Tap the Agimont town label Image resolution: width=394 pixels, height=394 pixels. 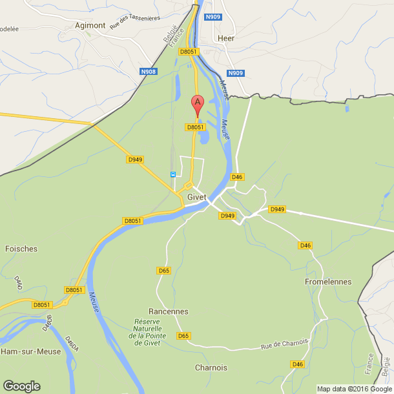(x=90, y=25)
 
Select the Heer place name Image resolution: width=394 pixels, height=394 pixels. (x=226, y=38)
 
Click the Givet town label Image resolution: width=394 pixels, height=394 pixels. (x=196, y=197)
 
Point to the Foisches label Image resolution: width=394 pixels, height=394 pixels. (x=21, y=249)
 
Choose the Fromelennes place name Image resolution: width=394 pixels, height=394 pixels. (x=328, y=282)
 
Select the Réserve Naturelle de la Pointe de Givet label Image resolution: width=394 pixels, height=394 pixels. (x=149, y=332)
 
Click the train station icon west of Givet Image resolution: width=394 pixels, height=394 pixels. (x=172, y=174)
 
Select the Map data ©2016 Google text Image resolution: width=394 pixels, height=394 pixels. (x=353, y=389)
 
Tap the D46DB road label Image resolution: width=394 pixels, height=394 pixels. (x=47, y=323)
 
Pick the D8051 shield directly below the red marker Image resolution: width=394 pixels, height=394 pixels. (x=195, y=127)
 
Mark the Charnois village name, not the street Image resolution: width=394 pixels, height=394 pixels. (x=211, y=368)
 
